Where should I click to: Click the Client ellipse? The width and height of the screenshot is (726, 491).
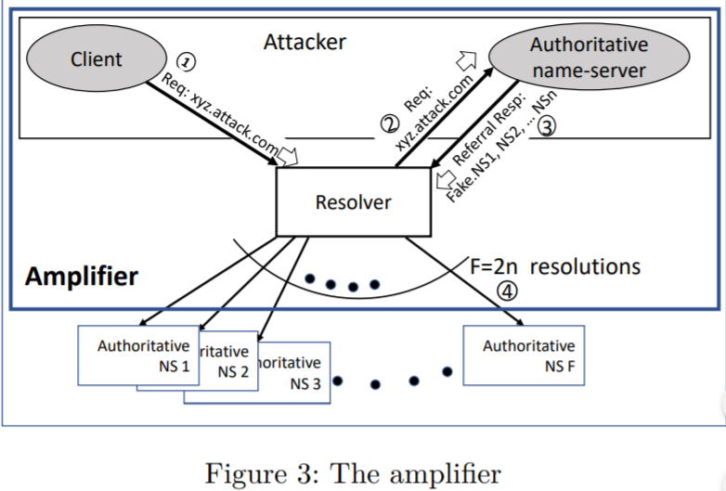tap(96, 59)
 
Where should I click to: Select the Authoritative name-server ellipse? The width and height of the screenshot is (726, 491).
tap(588, 58)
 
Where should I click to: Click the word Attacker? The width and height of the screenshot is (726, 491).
tap(305, 42)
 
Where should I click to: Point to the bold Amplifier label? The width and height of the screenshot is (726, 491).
tap(82, 276)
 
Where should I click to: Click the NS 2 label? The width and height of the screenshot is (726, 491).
tap(232, 372)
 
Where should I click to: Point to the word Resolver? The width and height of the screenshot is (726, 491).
tap(353, 201)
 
